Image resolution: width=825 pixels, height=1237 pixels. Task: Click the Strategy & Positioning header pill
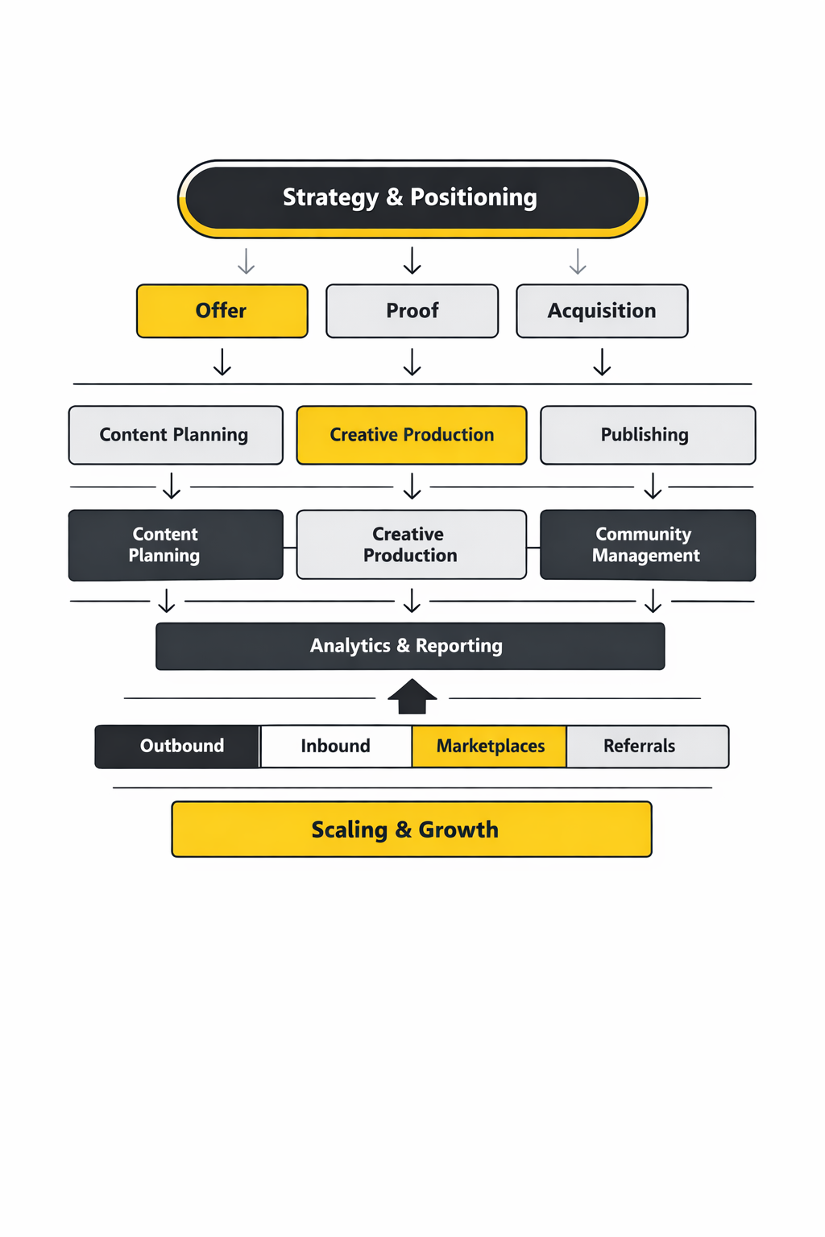(x=412, y=198)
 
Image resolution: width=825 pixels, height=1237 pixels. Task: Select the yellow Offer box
(x=222, y=311)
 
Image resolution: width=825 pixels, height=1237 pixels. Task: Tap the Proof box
(x=412, y=311)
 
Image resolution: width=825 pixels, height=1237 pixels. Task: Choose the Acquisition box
(x=602, y=311)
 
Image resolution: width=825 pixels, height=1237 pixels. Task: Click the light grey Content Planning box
(x=176, y=435)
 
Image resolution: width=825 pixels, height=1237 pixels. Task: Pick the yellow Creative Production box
(x=412, y=435)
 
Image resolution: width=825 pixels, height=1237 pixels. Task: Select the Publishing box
(x=648, y=435)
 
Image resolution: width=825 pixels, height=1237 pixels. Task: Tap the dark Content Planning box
(x=176, y=545)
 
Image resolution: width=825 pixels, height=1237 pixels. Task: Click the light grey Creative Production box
(x=412, y=545)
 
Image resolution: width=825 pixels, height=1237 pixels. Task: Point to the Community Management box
(x=648, y=545)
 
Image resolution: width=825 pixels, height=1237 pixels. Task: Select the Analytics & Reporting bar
(x=410, y=646)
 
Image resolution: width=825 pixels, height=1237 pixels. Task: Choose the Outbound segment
(x=178, y=747)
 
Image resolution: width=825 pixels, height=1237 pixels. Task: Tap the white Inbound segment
(x=336, y=747)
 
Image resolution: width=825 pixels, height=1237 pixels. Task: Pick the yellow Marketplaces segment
(x=489, y=747)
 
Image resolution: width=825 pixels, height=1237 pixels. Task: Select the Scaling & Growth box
(x=412, y=829)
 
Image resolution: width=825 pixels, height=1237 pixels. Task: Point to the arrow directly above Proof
(x=412, y=261)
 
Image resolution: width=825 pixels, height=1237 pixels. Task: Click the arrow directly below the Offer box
(x=222, y=362)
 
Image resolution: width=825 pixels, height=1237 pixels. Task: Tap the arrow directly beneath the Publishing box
(x=653, y=486)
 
